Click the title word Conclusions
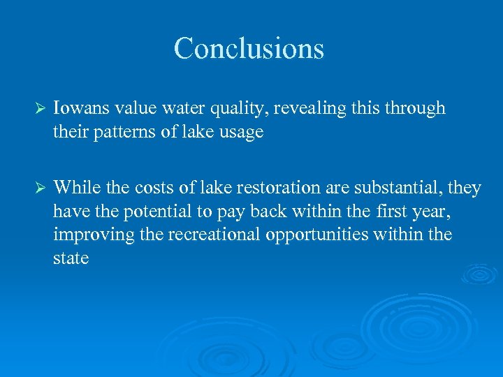click(x=249, y=49)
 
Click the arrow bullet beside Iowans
click(x=40, y=110)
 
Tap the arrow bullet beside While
click(x=40, y=188)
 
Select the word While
click(x=75, y=187)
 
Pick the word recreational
click(x=216, y=234)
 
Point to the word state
click(x=71, y=258)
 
